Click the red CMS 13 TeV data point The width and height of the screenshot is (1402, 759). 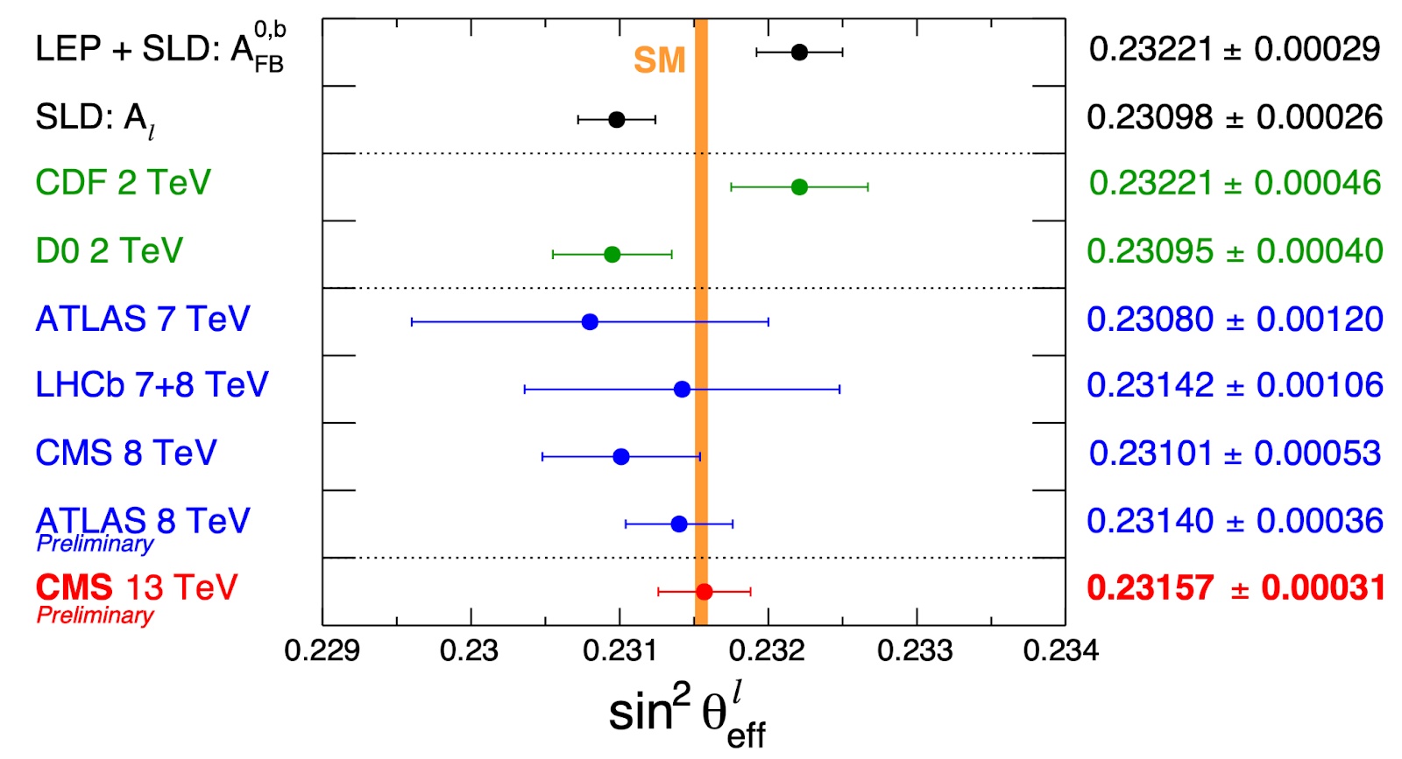pyautogui.click(x=704, y=592)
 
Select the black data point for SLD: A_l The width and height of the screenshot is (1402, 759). pyautogui.click(x=616, y=119)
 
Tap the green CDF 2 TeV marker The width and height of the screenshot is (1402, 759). pyautogui.click(x=799, y=186)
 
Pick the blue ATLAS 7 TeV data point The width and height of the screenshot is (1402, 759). pyautogui.click(x=590, y=322)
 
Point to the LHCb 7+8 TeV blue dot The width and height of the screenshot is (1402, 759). pyautogui.click(x=682, y=389)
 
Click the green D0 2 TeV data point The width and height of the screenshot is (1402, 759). pyautogui.click(x=612, y=255)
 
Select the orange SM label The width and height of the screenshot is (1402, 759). pyautogui.click(x=659, y=60)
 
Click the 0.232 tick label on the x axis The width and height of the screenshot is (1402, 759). pyautogui.click(x=767, y=650)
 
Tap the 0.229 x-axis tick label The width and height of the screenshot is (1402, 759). pyautogui.click(x=322, y=650)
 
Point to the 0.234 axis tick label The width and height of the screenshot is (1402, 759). pyautogui.click(x=1060, y=650)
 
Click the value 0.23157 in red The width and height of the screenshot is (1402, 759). pyautogui.click(x=1150, y=587)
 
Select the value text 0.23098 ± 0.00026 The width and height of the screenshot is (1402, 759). pyautogui.click(x=1234, y=116)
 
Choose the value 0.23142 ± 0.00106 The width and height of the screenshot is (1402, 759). pyautogui.click(x=1234, y=385)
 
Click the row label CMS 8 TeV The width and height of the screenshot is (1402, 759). pyautogui.click(x=125, y=453)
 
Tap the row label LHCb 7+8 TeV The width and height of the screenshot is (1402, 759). pyautogui.click(x=152, y=385)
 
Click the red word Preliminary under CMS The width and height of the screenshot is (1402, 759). pyautogui.click(x=95, y=615)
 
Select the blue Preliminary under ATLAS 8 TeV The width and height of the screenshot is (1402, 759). pyautogui.click(x=95, y=545)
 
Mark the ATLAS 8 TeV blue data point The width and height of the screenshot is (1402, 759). pyautogui.click(x=679, y=524)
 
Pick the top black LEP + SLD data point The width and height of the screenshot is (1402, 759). pyautogui.click(x=799, y=53)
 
